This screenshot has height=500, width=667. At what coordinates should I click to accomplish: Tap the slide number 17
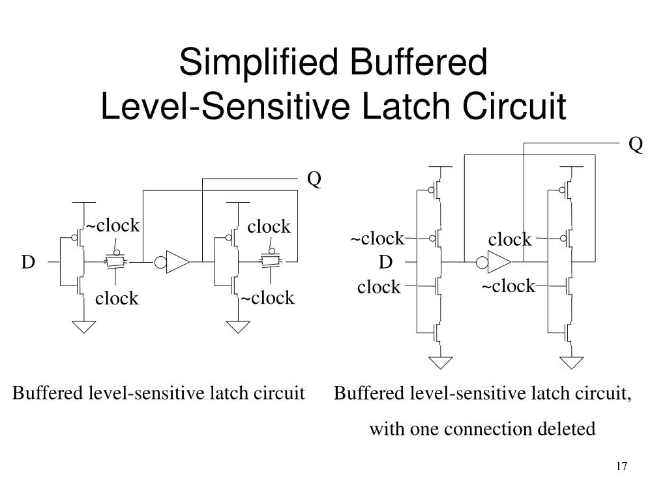[x=621, y=467]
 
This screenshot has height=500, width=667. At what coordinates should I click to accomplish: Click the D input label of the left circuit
[x=28, y=262]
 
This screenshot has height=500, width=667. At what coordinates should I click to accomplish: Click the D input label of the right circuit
[x=386, y=262]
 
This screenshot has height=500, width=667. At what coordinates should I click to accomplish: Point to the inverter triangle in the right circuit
[x=499, y=263]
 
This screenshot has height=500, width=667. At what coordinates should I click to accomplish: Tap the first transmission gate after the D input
[x=116, y=261]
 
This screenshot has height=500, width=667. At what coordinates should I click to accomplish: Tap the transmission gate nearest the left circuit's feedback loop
[x=269, y=261]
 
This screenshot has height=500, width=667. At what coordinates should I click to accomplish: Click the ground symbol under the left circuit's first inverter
[x=83, y=326]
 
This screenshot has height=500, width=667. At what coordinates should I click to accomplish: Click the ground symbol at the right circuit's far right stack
[x=571, y=362]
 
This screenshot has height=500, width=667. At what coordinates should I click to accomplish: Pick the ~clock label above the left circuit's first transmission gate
[x=113, y=226]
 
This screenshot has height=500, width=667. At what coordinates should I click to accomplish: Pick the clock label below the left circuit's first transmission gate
[x=117, y=299]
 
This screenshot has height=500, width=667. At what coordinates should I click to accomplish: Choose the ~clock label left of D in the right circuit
[x=378, y=239]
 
